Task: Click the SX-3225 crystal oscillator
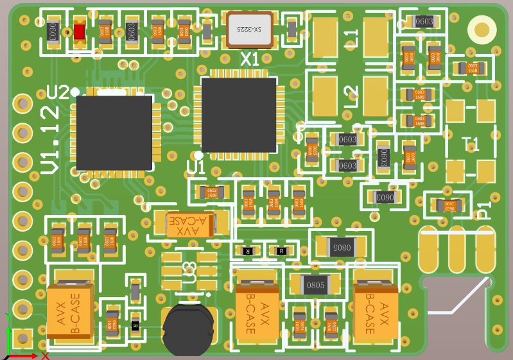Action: pyautogui.click(x=249, y=30)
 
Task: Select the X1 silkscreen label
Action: pyautogui.click(x=250, y=60)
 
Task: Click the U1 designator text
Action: pyautogui.click(x=196, y=167)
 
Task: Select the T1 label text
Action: pyautogui.click(x=471, y=144)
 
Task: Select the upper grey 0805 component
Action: pyautogui.click(x=340, y=246)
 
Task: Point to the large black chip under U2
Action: pyautogui.click(x=115, y=133)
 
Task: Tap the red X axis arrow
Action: pyautogui.click(x=29, y=355)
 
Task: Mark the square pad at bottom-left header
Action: pyautogui.click(x=22, y=338)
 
